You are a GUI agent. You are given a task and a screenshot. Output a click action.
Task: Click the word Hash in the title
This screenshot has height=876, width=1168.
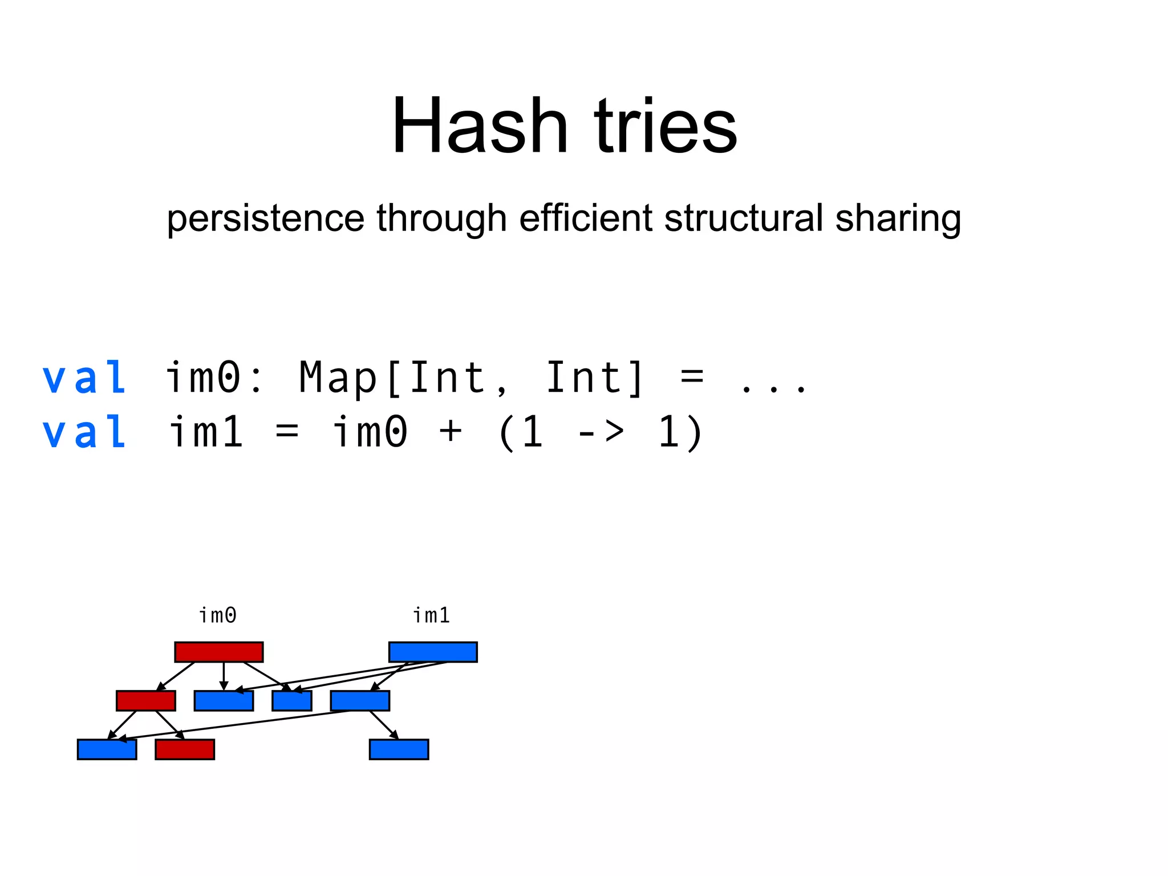click(x=479, y=126)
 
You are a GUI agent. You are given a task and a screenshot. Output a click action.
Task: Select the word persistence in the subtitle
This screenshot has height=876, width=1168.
click(x=265, y=218)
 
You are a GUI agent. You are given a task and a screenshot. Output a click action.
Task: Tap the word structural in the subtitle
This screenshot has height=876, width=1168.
click(x=744, y=218)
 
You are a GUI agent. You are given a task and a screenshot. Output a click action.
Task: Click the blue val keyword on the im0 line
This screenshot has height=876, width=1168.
click(x=84, y=378)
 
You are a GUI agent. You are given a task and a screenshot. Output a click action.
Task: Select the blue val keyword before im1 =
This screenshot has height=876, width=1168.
click(x=84, y=432)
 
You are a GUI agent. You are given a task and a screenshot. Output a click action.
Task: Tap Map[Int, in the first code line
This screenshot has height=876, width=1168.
click(x=403, y=379)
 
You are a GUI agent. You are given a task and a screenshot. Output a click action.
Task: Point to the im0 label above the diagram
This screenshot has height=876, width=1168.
click(x=217, y=615)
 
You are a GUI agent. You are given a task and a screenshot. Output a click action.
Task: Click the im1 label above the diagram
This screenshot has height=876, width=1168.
click(x=431, y=615)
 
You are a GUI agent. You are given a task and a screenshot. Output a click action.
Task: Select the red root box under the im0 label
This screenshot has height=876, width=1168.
click(x=218, y=652)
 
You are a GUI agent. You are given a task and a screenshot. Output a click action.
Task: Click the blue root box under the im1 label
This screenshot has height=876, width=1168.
click(x=433, y=652)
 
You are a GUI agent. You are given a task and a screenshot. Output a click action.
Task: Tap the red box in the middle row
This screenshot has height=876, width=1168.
click(x=145, y=701)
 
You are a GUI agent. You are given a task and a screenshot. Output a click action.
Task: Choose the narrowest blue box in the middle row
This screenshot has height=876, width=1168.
click(x=291, y=701)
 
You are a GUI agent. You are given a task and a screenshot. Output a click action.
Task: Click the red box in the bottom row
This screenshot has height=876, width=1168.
click(x=184, y=749)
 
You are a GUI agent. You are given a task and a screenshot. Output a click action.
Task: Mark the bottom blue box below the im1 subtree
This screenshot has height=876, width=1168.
click(x=399, y=749)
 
